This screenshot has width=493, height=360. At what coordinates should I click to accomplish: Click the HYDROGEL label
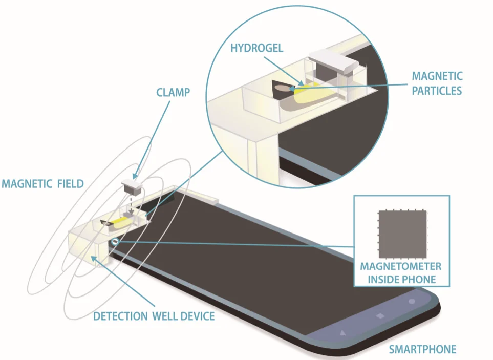pos(257,48)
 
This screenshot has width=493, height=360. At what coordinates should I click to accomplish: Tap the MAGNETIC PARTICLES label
pos(437,83)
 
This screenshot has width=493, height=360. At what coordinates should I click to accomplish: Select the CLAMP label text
pos(173,93)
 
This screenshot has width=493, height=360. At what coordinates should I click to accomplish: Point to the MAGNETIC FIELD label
pos(43,184)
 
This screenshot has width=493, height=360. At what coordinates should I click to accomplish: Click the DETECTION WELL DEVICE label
pos(154,316)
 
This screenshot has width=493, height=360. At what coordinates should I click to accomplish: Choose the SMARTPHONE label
pos(422,349)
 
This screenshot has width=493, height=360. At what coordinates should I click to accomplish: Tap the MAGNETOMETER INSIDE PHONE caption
pos(401,273)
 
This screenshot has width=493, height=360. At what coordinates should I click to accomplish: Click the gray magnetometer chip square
pos(402,234)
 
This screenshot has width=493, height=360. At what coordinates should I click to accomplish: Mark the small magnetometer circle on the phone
pos(115,242)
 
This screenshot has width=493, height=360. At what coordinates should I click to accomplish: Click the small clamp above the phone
pos(132,186)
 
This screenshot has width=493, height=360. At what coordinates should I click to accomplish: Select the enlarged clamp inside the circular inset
pos(333,65)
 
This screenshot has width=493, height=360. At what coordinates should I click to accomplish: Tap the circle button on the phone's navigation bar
pos(412,302)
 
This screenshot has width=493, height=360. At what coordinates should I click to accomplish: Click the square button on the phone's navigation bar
pos(379,315)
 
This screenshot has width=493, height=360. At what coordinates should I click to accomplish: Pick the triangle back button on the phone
pos(343,332)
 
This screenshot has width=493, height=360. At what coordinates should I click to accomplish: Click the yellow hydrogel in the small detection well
pos(120,222)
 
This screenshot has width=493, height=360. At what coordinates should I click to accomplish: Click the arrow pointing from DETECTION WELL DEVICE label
pos(123,281)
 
